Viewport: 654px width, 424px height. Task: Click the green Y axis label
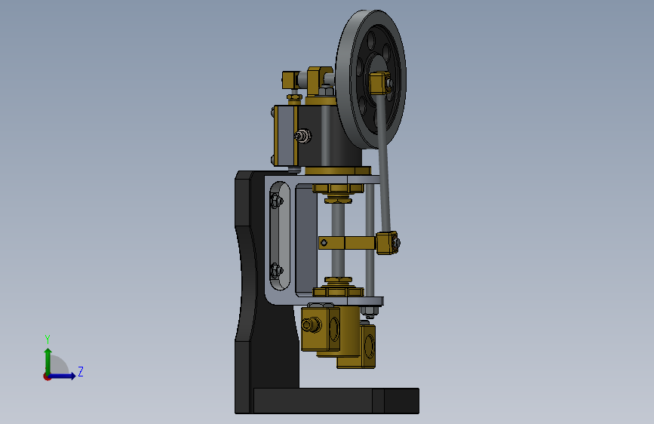(x=48, y=340)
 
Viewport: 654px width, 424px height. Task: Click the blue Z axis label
(x=81, y=371)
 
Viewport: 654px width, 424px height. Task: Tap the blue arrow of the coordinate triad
(x=61, y=376)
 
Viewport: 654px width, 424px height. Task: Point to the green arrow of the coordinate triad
(x=48, y=361)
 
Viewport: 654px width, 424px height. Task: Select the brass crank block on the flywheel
(x=379, y=83)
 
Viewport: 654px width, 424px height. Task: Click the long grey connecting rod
(x=384, y=163)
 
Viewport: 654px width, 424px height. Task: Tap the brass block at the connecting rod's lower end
(x=388, y=243)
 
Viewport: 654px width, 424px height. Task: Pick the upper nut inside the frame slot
(x=275, y=201)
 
